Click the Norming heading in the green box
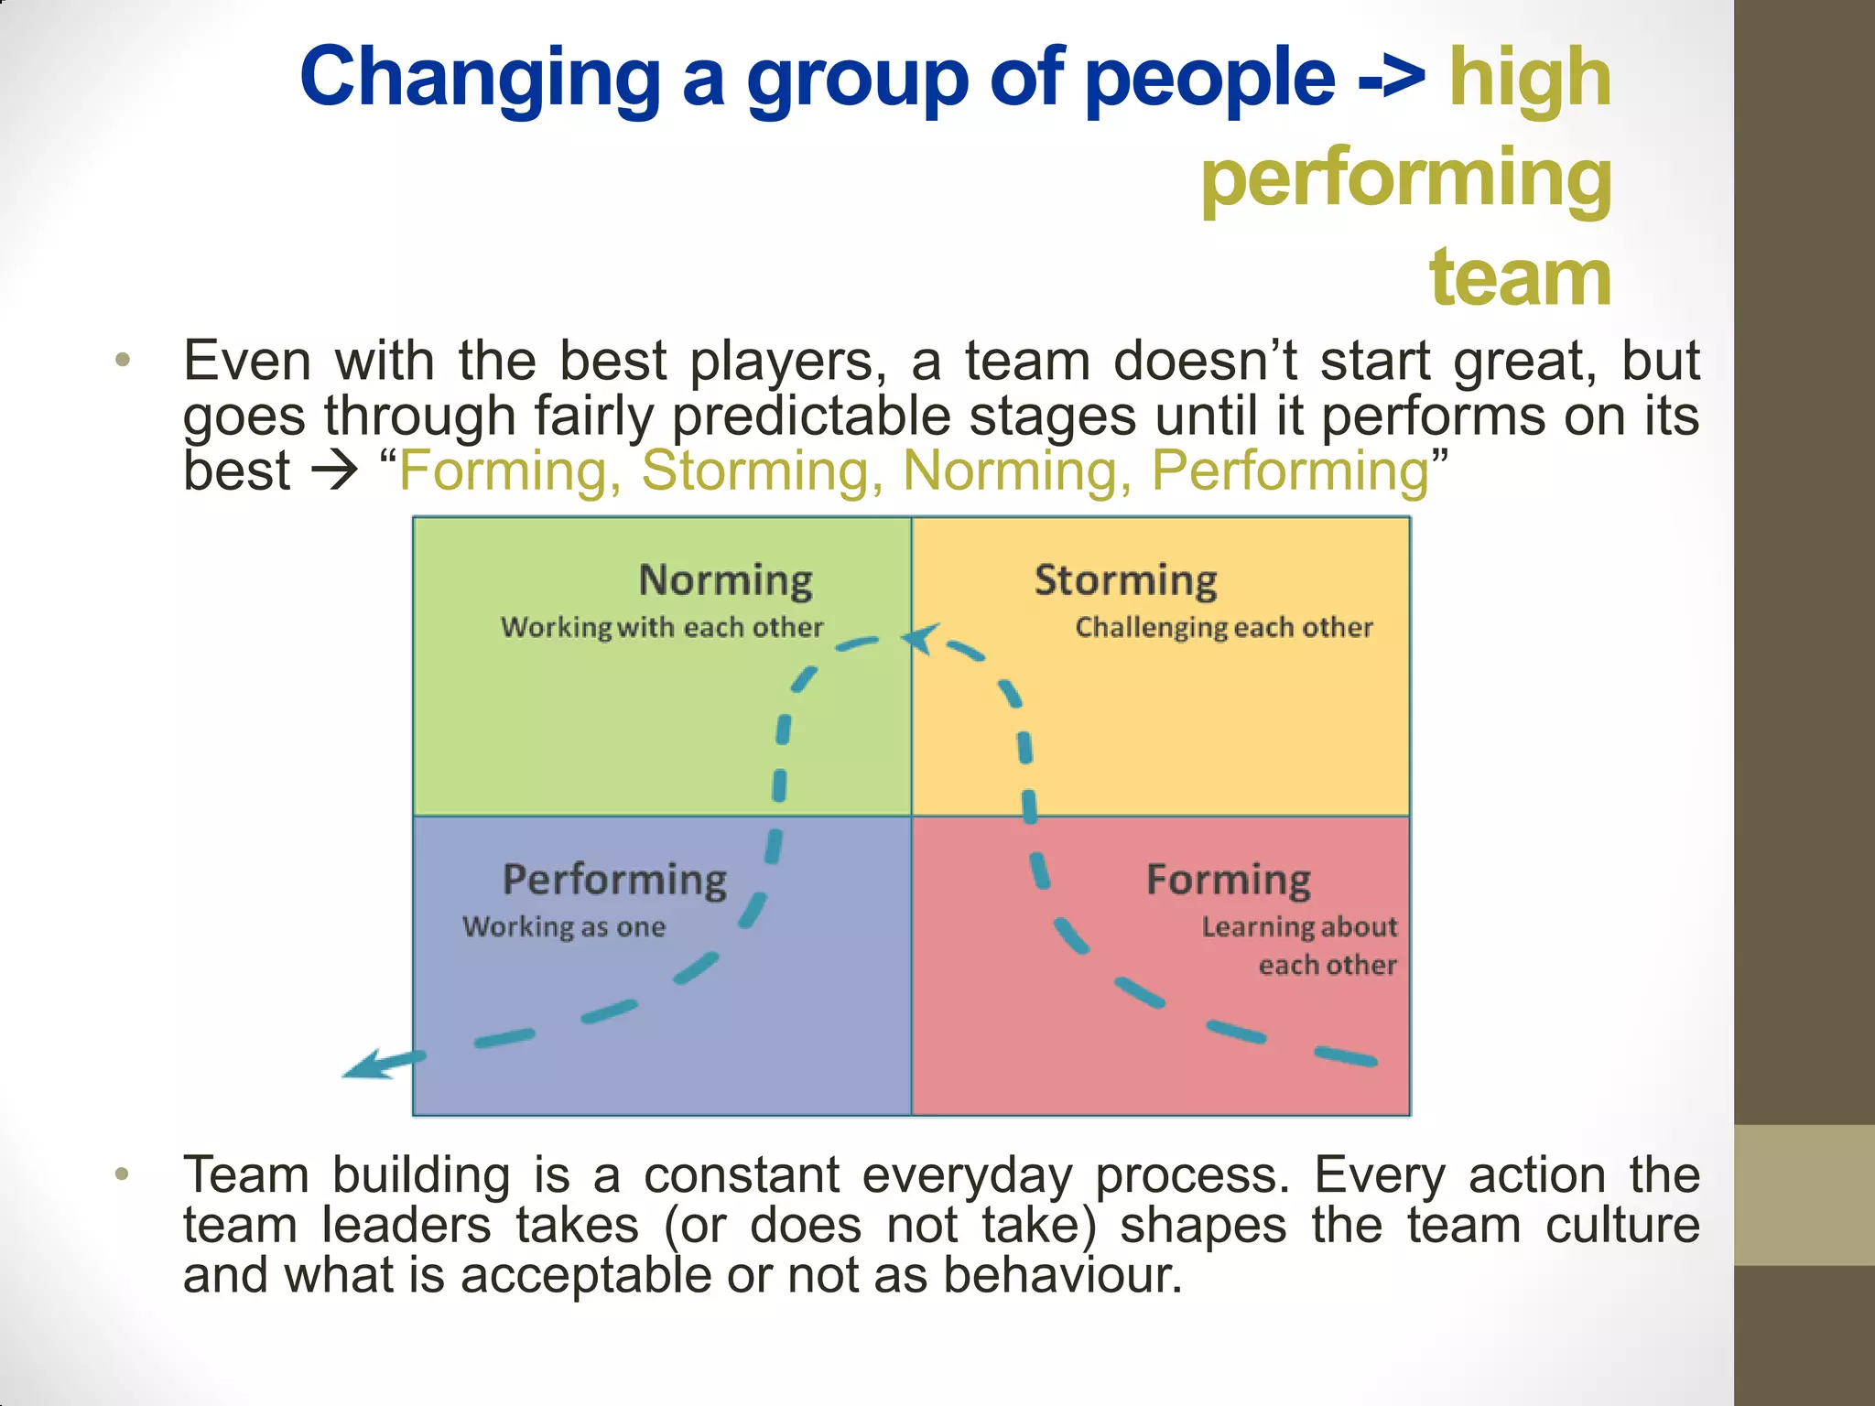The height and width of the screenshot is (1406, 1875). tap(725, 580)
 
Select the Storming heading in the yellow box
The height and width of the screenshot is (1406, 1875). tap(1125, 580)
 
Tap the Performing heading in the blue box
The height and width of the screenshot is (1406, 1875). tap(614, 880)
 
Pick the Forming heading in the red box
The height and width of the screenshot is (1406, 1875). tap(1228, 880)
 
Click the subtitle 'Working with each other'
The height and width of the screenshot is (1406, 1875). tap(661, 627)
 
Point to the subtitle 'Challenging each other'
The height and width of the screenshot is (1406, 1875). tap(1223, 627)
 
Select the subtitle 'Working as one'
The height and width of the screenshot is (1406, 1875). tap(563, 926)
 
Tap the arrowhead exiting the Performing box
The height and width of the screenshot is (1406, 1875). tap(366, 1066)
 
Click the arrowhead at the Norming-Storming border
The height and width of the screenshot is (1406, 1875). tap(919, 637)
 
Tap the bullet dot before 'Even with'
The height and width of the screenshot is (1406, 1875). tap(123, 360)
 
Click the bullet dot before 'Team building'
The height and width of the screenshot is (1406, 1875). tap(123, 1173)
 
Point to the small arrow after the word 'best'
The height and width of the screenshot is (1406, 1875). tap(334, 472)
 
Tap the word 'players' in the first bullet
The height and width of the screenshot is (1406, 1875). tap(787, 361)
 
